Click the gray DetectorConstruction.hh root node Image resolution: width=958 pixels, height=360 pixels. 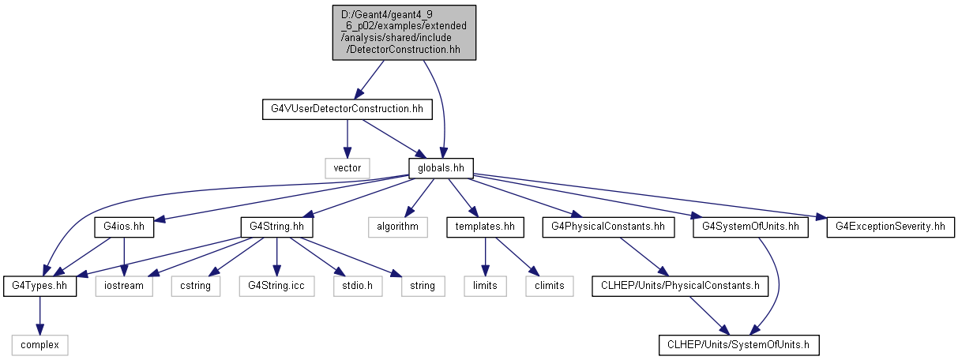point(404,32)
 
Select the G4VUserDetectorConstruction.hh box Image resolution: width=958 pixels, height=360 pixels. point(348,110)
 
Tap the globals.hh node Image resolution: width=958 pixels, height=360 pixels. point(441,168)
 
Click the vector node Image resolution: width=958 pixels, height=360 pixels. point(348,168)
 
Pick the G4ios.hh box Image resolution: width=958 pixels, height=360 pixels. point(124,227)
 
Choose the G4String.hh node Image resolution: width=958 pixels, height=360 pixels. point(276,227)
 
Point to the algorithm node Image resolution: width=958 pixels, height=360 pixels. point(398,227)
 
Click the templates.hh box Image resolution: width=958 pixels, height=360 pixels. point(486,227)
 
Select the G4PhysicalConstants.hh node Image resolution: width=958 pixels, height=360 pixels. point(608,227)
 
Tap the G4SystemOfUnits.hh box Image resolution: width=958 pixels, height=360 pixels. point(750,227)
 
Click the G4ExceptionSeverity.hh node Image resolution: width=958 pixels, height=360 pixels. point(890,227)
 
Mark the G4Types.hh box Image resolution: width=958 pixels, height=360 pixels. point(39,286)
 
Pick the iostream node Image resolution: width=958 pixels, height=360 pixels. point(124,286)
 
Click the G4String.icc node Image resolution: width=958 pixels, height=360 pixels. point(276,286)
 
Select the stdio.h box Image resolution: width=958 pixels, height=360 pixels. point(358,286)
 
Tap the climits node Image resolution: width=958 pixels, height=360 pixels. point(550,286)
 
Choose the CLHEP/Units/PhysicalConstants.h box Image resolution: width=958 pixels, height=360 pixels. point(680,286)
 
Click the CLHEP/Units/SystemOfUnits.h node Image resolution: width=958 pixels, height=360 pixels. point(739,345)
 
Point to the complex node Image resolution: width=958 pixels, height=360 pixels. point(39,345)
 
